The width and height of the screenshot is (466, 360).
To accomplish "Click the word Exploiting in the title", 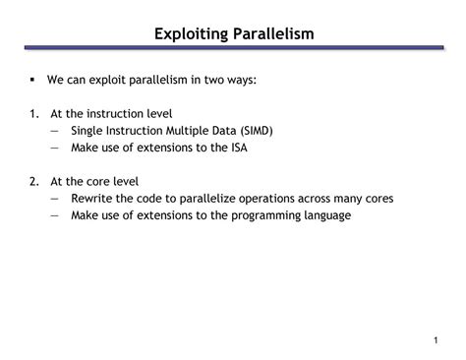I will pyautogui.click(x=192, y=34).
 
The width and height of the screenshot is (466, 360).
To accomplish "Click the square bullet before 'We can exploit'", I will pyautogui.click(x=32, y=82).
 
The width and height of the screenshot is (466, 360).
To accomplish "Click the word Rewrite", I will pyautogui.click(x=93, y=198).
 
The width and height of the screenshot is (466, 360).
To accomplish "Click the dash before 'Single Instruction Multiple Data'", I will pyautogui.click(x=51, y=131).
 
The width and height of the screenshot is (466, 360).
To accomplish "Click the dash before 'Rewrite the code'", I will pyautogui.click(x=51, y=198).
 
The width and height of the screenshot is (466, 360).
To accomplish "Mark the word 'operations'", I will pyautogui.click(x=265, y=198).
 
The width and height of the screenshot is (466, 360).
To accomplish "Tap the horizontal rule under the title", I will pyautogui.click(x=233, y=49).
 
